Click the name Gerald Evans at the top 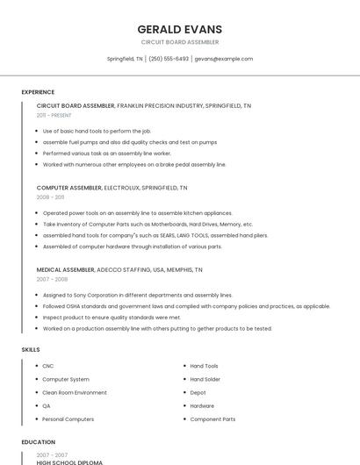180,29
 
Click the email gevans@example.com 223,59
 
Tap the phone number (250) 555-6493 169,59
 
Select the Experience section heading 38,92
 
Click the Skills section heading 31,349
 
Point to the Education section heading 38,442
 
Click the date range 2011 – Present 54,115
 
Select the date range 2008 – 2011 50,197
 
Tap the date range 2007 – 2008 52,279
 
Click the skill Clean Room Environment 75,392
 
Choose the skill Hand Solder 205,379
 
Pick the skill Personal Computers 68,419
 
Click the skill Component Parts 212,419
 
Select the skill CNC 48,366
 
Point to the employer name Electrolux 121,188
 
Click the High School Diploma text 69,461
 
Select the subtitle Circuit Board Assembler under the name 180,42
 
